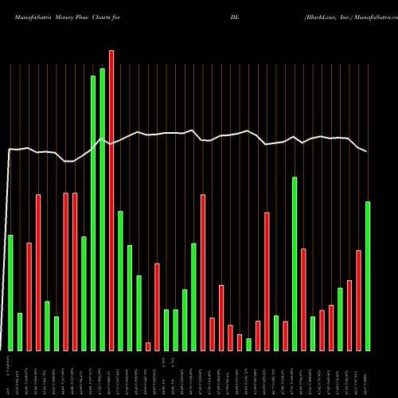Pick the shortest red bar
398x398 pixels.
pos(148,346)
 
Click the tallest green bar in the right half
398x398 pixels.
pos(295,263)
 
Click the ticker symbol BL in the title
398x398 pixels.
pos(235,15)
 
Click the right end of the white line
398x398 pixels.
pos(367,151)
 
